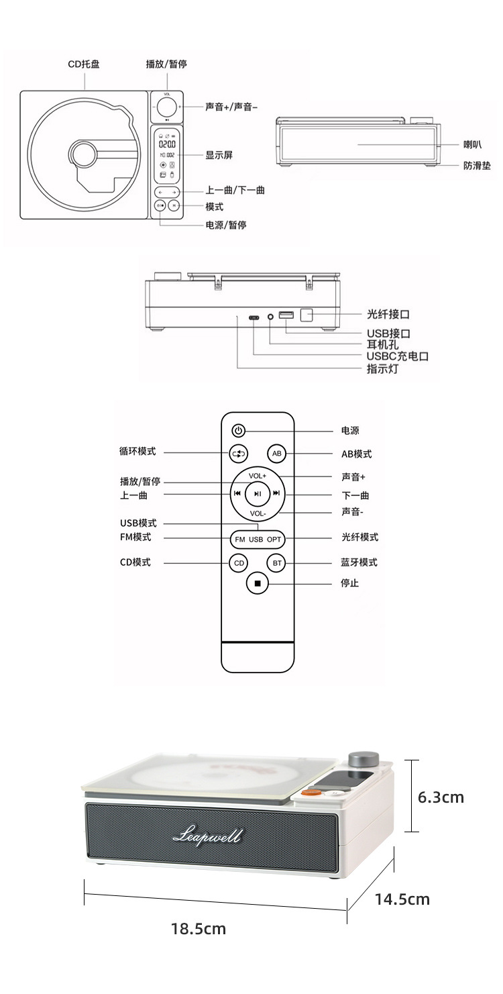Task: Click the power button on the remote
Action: tap(239, 430)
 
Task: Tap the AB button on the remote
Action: tap(276, 454)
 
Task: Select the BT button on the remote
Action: tap(276, 563)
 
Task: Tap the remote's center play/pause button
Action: tap(257, 493)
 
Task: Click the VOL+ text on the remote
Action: tap(258, 476)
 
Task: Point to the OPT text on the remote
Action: tap(275, 539)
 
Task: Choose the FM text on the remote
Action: tap(239, 539)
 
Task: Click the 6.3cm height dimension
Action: tap(441, 797)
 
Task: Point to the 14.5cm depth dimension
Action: tap(402, 899)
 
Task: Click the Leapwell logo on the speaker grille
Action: tap(207, 836)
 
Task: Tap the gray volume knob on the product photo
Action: tap(363, 761)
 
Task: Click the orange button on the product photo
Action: tap(311, 792)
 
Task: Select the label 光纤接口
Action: tap(388, 313)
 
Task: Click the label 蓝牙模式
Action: tap(359, 562)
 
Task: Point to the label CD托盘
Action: tap(84, 64)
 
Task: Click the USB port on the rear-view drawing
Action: tap(286, 315)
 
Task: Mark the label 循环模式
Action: tap(137, 452)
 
